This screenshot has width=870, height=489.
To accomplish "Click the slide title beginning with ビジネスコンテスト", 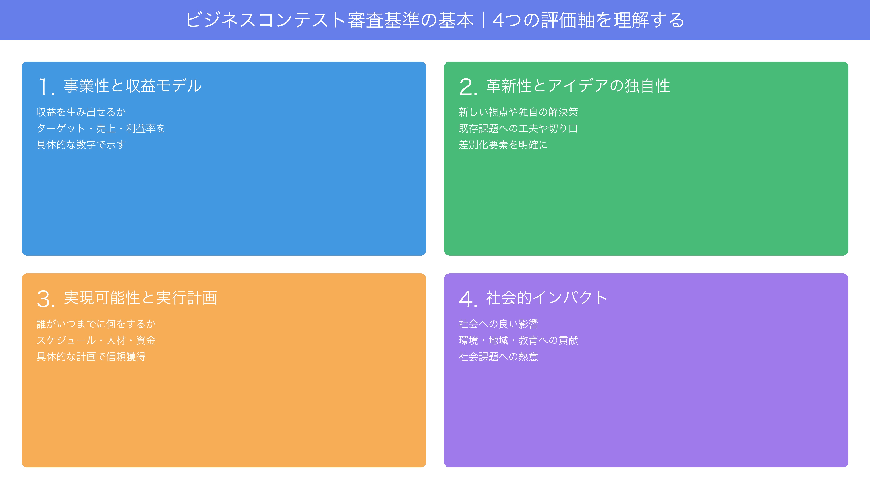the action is click(435, 20).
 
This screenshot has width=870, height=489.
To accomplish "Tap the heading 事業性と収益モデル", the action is click(133, 86).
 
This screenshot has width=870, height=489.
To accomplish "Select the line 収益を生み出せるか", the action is click(81, 112).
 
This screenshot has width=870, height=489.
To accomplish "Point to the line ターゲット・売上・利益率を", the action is click(101, 128).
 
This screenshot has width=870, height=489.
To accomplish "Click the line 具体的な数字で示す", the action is click(81, 145).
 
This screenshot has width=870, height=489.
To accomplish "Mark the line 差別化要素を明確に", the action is click(503, 145).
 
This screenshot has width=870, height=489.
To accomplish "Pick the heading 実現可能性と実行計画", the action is click(140, 298).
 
